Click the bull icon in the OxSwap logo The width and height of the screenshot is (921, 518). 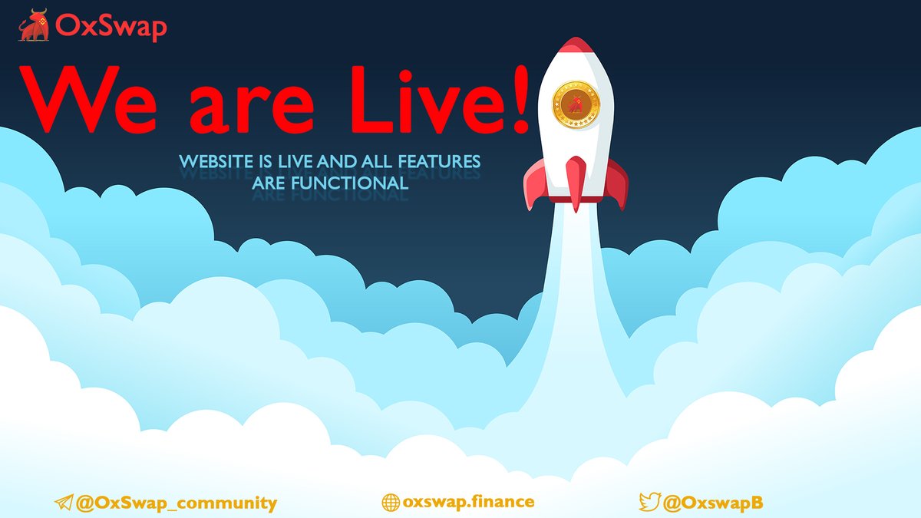tap(33, 26)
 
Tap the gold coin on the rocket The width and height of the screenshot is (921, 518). tap(576, 104)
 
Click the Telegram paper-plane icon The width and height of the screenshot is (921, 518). tap(63, 503)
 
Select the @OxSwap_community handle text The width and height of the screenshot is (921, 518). tap(176, 503)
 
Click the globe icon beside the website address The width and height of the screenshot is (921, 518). tap(390, 503)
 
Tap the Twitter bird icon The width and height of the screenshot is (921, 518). tap(649, 503)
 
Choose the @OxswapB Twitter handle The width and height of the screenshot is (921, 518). tap(713, 503)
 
